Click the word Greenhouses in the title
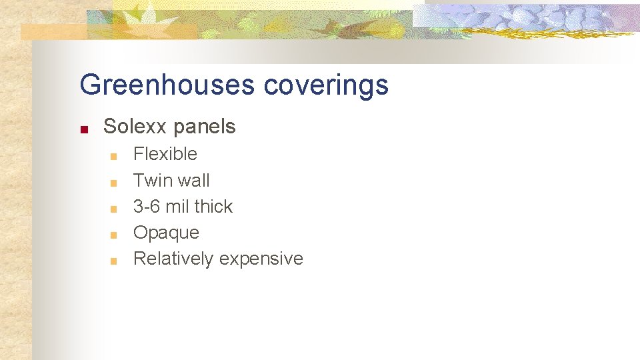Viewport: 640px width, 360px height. point(167,85)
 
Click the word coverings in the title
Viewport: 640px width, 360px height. point(326,85)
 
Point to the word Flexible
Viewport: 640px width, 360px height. point(165,154)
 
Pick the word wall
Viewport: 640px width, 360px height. point(192,181)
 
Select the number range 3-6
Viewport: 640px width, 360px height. point(147,207)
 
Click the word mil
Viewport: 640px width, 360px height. point(177,207)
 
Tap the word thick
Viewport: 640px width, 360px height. point(214,207)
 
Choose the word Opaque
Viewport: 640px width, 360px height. point(166,233)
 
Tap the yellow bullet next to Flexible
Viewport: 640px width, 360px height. point(114,157)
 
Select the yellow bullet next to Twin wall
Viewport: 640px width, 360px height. point(114,183)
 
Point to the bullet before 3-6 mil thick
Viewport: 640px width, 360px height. point(114,209)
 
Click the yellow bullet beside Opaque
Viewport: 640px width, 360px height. point(114,235)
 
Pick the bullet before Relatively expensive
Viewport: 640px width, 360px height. point(114,261)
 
